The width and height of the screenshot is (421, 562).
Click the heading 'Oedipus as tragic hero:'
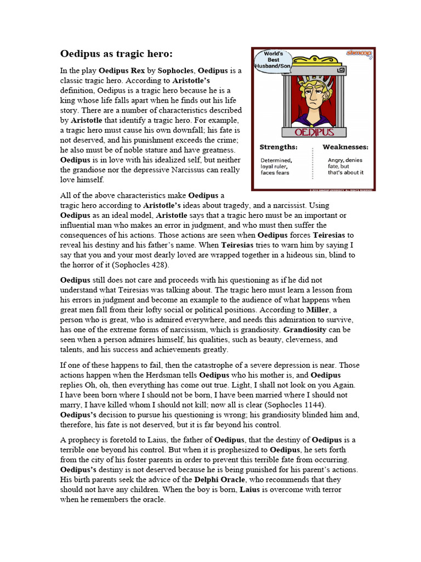pos(116,54)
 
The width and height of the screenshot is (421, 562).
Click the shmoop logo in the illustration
pos(359,53)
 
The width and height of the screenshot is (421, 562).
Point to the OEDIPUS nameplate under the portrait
pos(313,132)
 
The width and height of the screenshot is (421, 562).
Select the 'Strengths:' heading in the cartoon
pos(278,147)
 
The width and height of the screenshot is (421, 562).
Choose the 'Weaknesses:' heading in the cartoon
pos(345,147)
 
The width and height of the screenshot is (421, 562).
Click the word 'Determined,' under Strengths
pos(276,160)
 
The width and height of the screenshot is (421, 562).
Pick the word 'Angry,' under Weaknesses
pos(335,160)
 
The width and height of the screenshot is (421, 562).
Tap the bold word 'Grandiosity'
pos(305,330)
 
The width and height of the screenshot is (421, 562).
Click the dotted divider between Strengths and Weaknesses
pos(312,164)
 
